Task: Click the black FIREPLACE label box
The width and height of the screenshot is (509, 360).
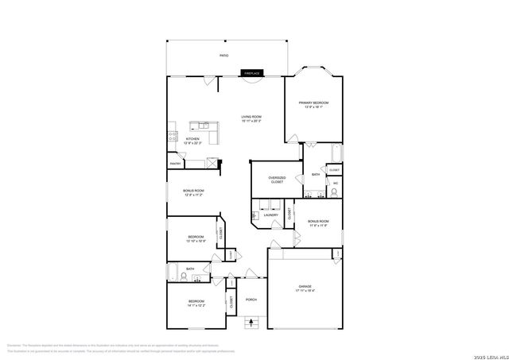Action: click(x=252, y=73)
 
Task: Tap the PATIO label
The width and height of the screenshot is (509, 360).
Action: click(x=224, y=56)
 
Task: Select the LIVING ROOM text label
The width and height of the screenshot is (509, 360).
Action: click(x=251, y=117)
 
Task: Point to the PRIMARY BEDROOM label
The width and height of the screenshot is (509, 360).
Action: click(x=314, y=103)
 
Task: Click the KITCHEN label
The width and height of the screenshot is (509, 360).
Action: click(x=192, y=139)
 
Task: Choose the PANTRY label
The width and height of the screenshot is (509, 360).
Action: click(x=175, y=165)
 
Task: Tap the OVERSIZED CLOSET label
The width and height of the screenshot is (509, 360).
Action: click(x=277, y=180)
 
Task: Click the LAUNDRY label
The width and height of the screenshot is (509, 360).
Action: click(x=270, y=215)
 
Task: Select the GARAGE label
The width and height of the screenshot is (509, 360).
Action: click(x=305, y=286)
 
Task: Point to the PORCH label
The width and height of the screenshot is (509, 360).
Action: click(x=251, y=300)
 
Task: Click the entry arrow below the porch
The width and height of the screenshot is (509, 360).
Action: click(x=252, y=322)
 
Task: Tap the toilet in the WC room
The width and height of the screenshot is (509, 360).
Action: click(x=335, y=192)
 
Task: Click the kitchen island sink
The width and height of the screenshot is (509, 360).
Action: click(x=204, y=126)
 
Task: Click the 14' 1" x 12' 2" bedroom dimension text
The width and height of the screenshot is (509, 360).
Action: click(x=196, y=305)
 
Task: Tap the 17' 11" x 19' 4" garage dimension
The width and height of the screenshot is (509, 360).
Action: click(x=305, y=291)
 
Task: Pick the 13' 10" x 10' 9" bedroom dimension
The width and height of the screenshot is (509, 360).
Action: click(x=196, y=242)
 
